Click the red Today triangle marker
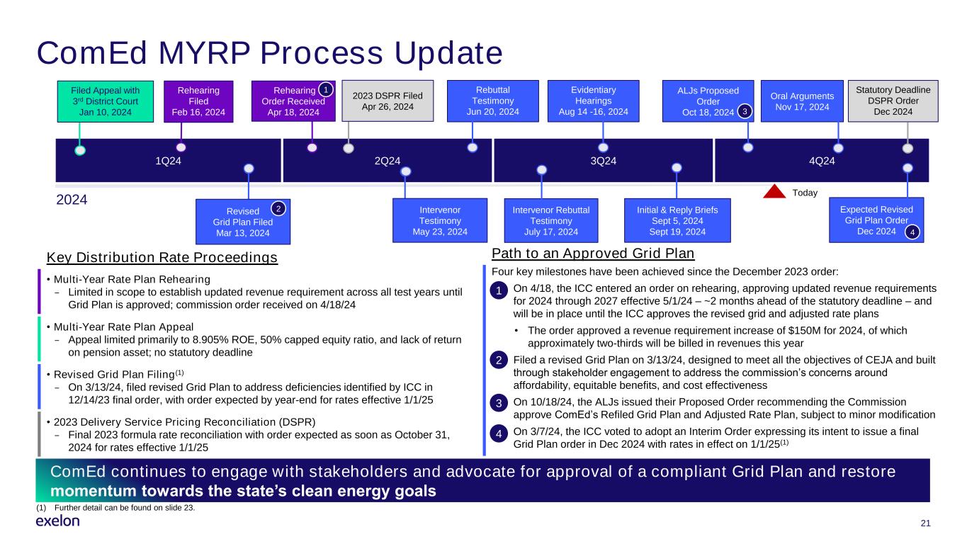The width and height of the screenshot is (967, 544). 774,192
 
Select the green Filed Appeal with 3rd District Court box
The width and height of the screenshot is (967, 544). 106,101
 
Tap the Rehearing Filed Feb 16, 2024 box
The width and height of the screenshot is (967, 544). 198,101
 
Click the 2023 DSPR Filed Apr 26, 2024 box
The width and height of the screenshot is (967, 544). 388,101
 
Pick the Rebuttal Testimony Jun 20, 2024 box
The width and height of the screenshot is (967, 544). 493,101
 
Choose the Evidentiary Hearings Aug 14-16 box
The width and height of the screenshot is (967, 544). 594,101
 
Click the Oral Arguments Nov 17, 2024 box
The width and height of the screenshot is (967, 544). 802,101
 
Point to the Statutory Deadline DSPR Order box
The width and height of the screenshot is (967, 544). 893,101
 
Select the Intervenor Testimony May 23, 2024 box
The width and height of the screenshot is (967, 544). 440,220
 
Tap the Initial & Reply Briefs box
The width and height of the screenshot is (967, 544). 677,220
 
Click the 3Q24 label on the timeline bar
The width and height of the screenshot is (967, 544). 603,161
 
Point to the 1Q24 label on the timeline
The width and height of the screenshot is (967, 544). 168,161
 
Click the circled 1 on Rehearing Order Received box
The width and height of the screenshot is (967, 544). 326,90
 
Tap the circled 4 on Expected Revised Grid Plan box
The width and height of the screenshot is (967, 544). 912,232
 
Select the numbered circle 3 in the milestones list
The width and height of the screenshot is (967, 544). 499,403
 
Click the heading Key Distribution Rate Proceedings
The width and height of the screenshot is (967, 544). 162,257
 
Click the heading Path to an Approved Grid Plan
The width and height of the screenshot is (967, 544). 593,254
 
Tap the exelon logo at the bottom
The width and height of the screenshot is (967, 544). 58,521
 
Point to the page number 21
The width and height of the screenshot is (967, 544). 925,523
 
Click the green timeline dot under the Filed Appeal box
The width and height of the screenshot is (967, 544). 80,150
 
